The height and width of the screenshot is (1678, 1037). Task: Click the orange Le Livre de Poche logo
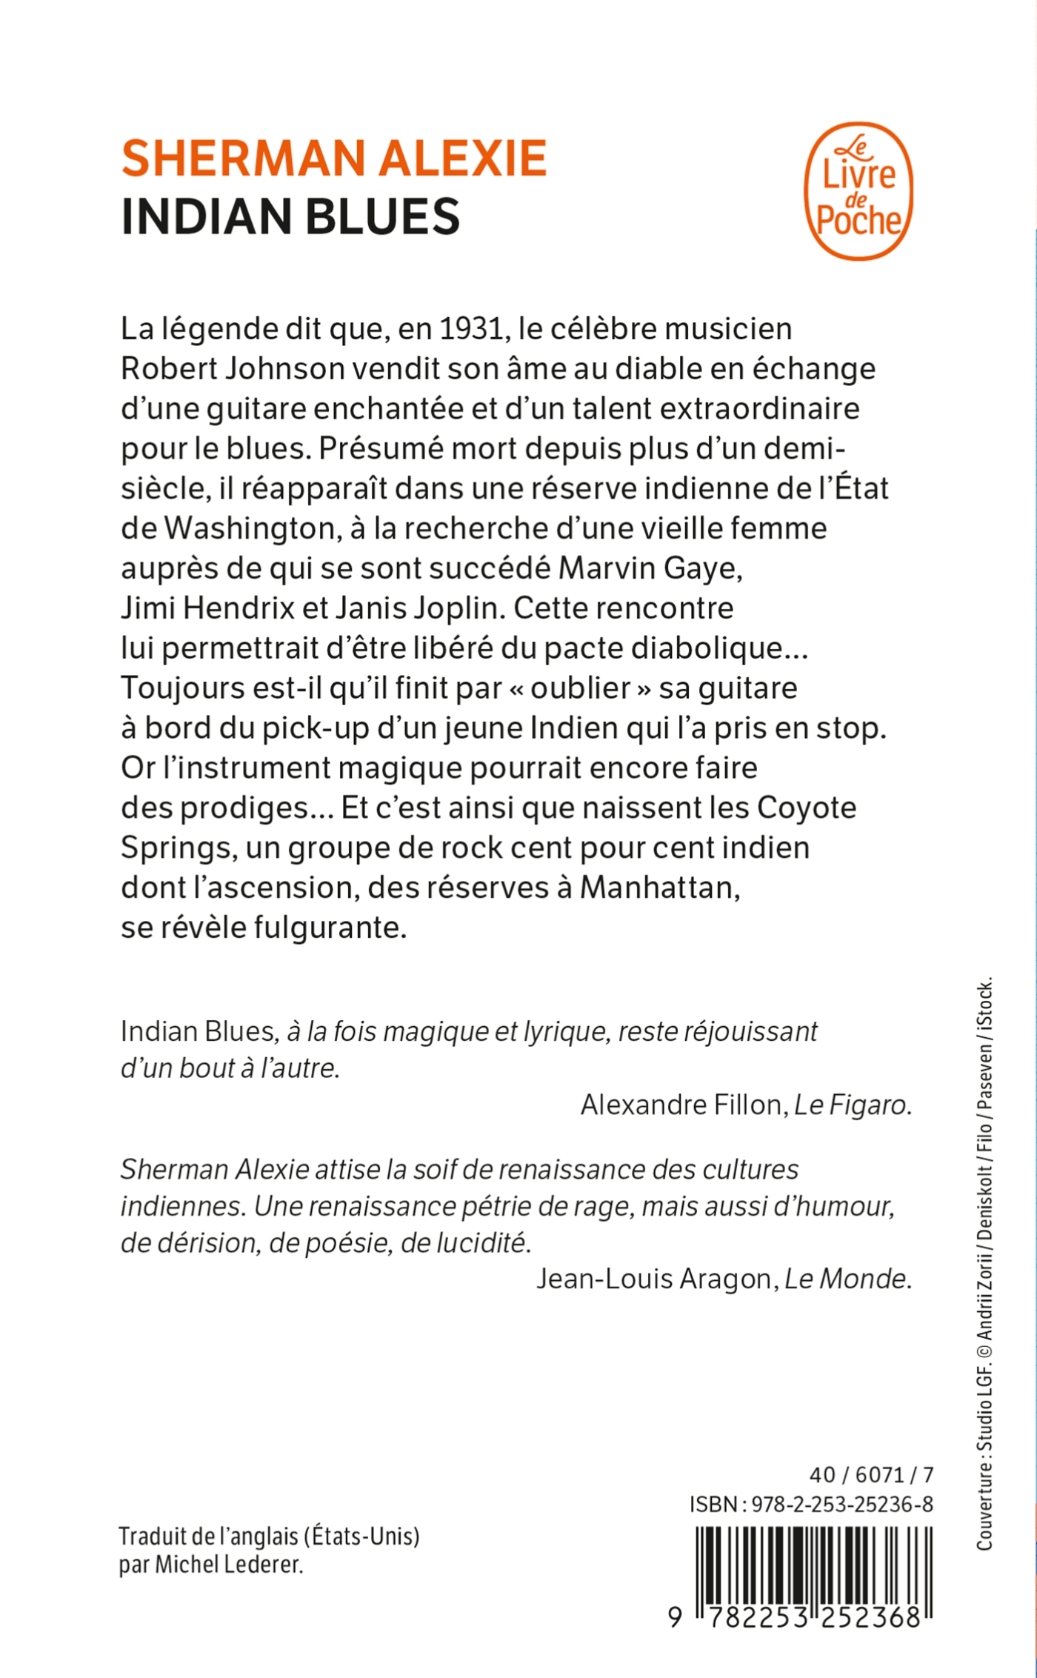tap(858, 191)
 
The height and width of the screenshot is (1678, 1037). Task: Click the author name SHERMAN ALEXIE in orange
tap(333, 158)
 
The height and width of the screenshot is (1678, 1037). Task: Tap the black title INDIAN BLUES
tap(290, 216)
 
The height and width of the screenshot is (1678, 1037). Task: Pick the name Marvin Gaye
tap(650, 568)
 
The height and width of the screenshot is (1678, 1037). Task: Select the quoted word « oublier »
tap(581, 687)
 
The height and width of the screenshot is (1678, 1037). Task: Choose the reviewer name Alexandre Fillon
tap(681, 1105)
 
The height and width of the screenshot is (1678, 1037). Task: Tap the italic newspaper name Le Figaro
tap(851, 1105)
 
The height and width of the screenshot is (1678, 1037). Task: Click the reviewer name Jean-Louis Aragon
tap(654, 1278)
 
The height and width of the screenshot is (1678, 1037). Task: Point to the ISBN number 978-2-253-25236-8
tap(842, 1504)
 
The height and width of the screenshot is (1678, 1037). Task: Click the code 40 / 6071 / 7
tap(871, 1474)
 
